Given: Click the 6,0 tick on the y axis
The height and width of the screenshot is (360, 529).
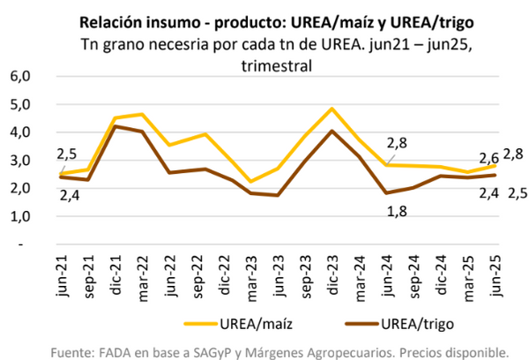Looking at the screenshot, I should pos(19,77).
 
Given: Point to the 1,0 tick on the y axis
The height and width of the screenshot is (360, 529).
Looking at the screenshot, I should pos(19,216).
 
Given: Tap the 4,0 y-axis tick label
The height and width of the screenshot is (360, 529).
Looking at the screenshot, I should pos(19,132).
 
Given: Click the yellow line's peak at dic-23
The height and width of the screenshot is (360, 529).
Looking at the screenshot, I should pos(332,109).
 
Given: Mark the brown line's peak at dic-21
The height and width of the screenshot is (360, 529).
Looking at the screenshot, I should pos(115,126).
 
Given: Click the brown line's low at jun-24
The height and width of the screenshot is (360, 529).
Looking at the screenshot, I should pos(385,193).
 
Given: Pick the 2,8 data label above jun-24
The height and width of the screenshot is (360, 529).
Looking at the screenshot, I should pos(396,144).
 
